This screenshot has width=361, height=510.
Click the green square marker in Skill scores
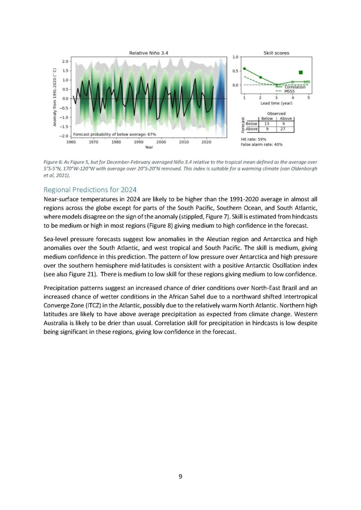tap(301, 72)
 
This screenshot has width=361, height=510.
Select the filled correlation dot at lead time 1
tap(244, 68)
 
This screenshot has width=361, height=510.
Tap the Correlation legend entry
tap(294, 87)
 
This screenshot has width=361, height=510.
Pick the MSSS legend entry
tap(289, 91)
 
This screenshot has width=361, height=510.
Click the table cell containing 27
tap(283, 129)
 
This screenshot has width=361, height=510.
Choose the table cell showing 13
tap(267, 124)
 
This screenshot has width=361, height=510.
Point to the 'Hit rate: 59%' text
tap(253, 139)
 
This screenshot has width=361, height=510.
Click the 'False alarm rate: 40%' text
tap(261, 145)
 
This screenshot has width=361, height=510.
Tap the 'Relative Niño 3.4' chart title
tap(148, 53)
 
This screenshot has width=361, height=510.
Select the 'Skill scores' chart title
tap(276, 53)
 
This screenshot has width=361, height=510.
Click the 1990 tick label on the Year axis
tap(139, 142)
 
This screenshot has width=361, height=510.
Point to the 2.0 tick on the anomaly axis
tap(65, 61)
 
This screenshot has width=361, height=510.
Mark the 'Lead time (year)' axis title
tap(276, 103)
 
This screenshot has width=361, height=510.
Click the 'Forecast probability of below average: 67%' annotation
tap(114, 134)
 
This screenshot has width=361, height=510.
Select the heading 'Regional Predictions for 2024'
tap(90, 190)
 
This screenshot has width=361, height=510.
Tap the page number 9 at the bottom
tap(180, 476)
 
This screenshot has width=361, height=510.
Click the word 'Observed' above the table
tap(276, 114)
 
